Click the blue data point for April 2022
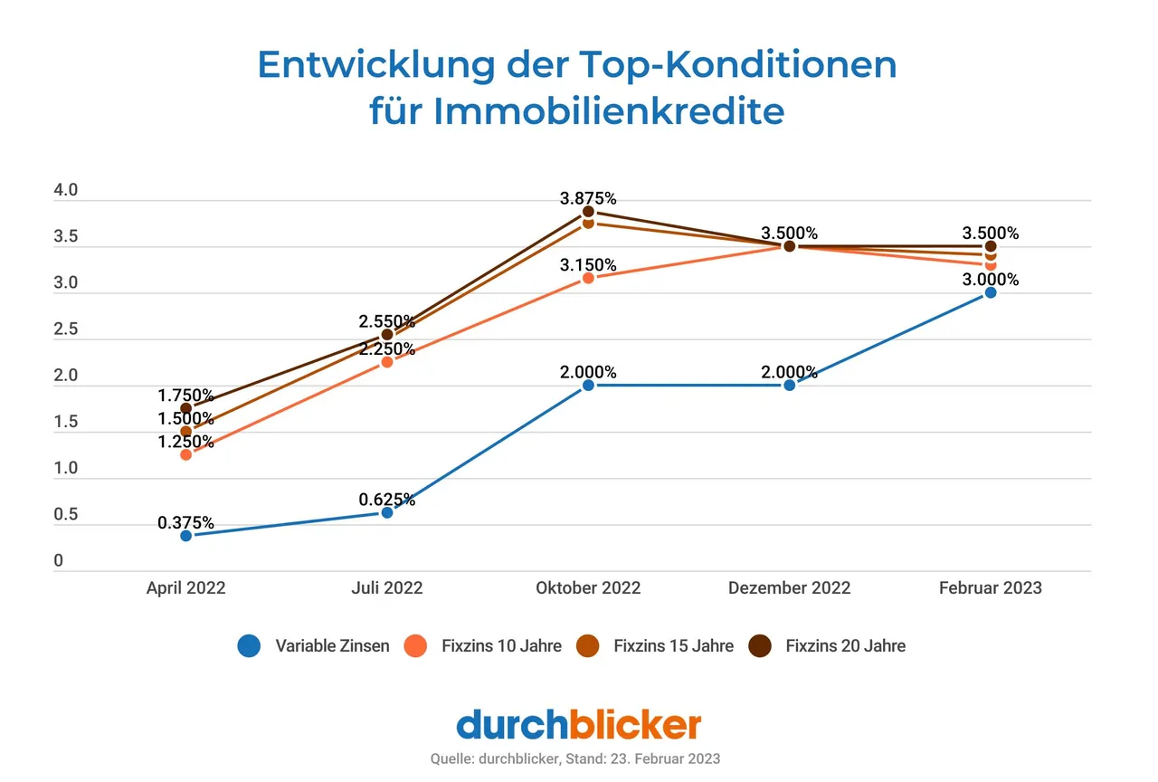pyautogui.click(x=185, y=535)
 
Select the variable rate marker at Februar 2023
pyautogui.click(x=991, y=292)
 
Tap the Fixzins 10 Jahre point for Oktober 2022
pyautogui.click(x=588, y=278)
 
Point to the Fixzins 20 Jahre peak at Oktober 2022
pyautogui.click(x=588, y=211)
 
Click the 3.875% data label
pyautogui.click(x=588, y=198)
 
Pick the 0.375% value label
pyautogui.click(x=185, y=522)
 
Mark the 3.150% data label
pyautogui.click(x=588, y=265)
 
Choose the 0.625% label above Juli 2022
pyautogui.click(x=387, y=500)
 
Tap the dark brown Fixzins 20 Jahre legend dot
pyautogui.click(x=759, y=645)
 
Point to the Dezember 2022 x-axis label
pyautogui.click(x=789, y=587)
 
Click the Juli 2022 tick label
pyautogui.click(x=387, y=587)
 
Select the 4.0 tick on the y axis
pyautogui.click(x=66, y=191)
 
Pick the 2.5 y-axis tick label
pyautogui.click(x=66, y=330)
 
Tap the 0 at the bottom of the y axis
pyautogui.click(x=59, y=561)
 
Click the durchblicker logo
pyautogui.click(x=578, y=725)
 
